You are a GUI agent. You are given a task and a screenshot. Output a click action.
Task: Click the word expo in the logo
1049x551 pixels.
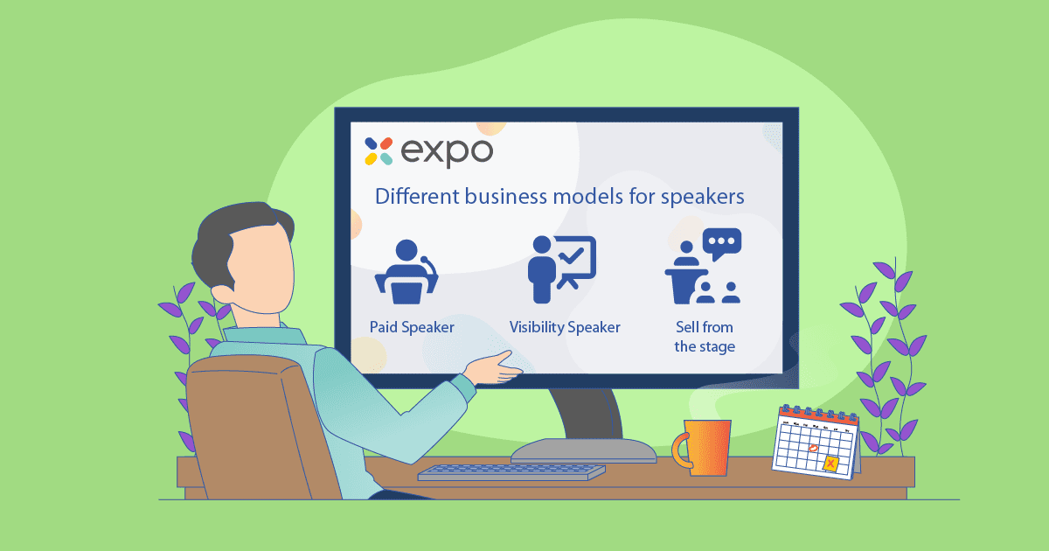[447, 152]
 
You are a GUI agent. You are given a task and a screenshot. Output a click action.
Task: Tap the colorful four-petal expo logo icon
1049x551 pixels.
[379, 151]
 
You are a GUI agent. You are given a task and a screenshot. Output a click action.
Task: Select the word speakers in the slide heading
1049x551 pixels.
[703, 198]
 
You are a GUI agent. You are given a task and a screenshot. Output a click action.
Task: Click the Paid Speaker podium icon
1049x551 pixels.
[406, 272]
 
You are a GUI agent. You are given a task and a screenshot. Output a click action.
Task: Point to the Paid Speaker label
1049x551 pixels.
[412, 327]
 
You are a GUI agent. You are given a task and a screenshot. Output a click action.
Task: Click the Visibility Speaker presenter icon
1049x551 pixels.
[562, 269]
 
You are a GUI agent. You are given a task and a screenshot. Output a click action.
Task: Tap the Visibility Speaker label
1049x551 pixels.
[565, 327]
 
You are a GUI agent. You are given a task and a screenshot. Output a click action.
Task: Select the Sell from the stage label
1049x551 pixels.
[705, 337]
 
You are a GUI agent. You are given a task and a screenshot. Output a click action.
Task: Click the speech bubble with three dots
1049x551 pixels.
[722, 243]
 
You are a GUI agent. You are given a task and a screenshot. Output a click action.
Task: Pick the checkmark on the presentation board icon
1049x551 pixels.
[573, 255]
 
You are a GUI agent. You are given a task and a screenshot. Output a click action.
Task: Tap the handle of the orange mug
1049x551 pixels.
[680, 450]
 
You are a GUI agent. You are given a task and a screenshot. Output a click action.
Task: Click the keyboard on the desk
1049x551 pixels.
[511, 472]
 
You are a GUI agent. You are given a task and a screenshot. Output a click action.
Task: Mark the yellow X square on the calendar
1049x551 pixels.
[830, 464]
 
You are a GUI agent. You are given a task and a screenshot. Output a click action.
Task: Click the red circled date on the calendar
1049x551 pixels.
[814, 449]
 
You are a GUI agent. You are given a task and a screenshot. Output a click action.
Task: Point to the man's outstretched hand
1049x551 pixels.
[495, 368]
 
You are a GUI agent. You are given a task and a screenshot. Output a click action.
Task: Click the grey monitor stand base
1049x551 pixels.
[584, 450]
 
